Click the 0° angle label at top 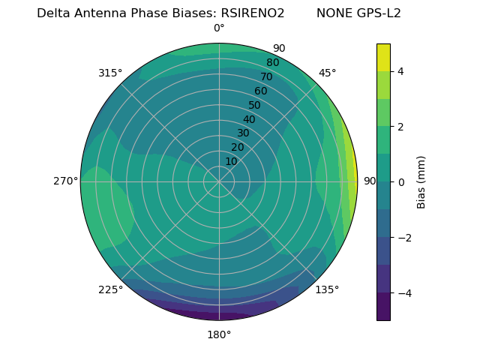coord(219,28)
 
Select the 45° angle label coord(327,73)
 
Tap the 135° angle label coord(327,289)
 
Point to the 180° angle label coord(219,334)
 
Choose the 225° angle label coord(110,289)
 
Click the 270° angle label coord(65,181)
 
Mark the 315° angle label coord(110,73)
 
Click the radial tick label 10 coord(231,161)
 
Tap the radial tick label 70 coord(266,76)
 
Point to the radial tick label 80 coord(272,62)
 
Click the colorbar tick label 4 coord(400,71)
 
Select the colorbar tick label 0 coord(400,182)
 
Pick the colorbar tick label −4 coord(403,292)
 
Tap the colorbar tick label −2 coord(403,238)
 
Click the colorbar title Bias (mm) coord(421,181)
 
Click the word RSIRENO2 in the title coord(253,13)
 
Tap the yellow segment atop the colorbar coord(383,57)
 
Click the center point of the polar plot coord(219,181)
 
